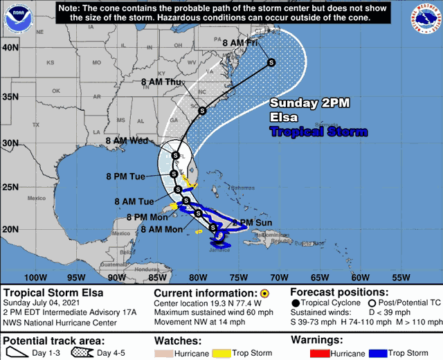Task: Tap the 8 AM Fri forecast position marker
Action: [x=271, y=63]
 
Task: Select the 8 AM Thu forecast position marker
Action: [x=202, y=111]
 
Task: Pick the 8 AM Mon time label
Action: [x=161, y=229]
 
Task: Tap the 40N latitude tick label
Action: [x=9, y=48]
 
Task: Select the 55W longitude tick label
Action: [x=401, y=278]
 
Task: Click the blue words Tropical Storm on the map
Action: [x=318, y=132]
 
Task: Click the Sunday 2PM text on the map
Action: [x=309, y=103]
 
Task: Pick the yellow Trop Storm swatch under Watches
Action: [x=222, y=353]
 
